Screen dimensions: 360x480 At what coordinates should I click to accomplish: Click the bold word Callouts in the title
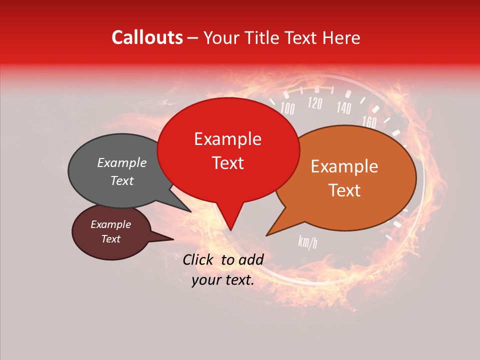[147, 37]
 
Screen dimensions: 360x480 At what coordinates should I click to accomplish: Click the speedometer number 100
[287, 108]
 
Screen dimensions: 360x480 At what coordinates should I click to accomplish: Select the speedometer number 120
[314, 103]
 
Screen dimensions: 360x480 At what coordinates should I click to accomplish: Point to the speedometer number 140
[344, 107]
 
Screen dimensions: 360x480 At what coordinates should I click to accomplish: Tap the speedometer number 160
[369, 121]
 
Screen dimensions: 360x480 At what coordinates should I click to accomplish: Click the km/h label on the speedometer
[307, 242]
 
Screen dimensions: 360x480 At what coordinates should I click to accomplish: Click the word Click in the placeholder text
[198, 259]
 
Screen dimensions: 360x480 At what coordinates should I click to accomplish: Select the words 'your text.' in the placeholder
[223, 280]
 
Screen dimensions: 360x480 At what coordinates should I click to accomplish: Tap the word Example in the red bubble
[227, 139]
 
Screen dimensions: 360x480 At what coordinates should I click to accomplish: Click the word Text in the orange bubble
[345, 190]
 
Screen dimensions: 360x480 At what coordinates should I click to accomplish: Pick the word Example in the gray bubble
[121, 163]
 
